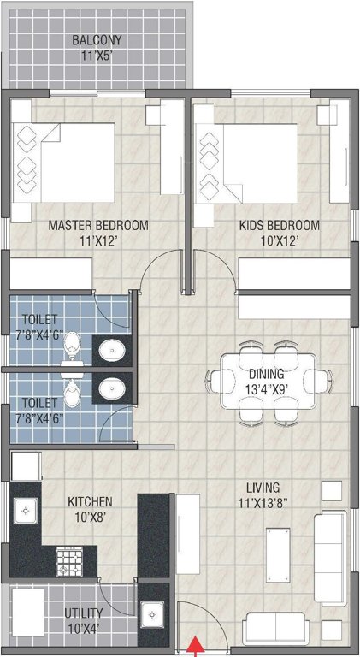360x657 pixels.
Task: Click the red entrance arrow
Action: tap(197, 646)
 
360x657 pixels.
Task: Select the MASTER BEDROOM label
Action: tap(97, 226)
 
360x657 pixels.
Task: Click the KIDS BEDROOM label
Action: tap(279, 226)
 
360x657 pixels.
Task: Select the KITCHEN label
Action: tap(91, 501)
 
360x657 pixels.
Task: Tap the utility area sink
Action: tap(155, 615)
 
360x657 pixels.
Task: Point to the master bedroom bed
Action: tap(64, 163)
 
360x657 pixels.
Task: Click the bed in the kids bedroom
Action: tap(248, 163)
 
